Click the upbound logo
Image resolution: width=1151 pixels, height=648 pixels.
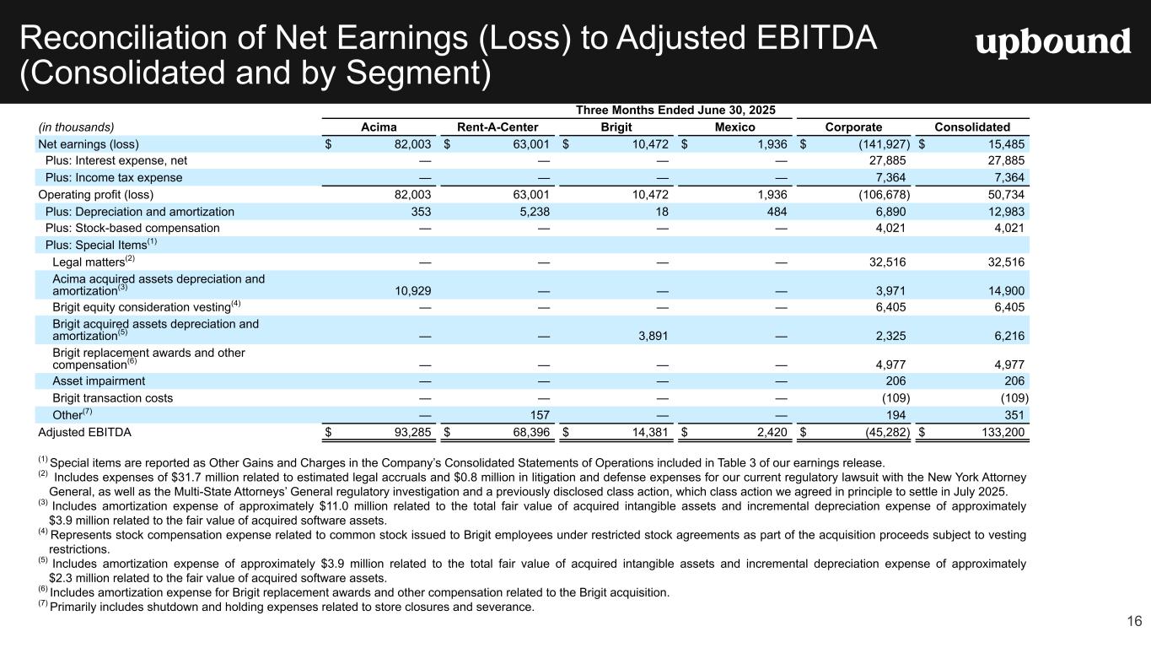[x=1053, y=42]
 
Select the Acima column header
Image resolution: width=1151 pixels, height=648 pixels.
[x=379, y=127]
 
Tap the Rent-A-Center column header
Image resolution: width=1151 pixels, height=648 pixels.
[x=498, y=127]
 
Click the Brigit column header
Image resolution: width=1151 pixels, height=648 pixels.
[x=616, y=127]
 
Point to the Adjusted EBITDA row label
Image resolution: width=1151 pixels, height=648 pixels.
[x=85, y=432]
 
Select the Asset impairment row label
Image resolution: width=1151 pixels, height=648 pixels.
[x=99, y=381]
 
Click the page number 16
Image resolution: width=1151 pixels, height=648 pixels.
[x=1133, y=622]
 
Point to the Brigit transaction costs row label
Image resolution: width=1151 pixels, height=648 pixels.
[x=113, y=397]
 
